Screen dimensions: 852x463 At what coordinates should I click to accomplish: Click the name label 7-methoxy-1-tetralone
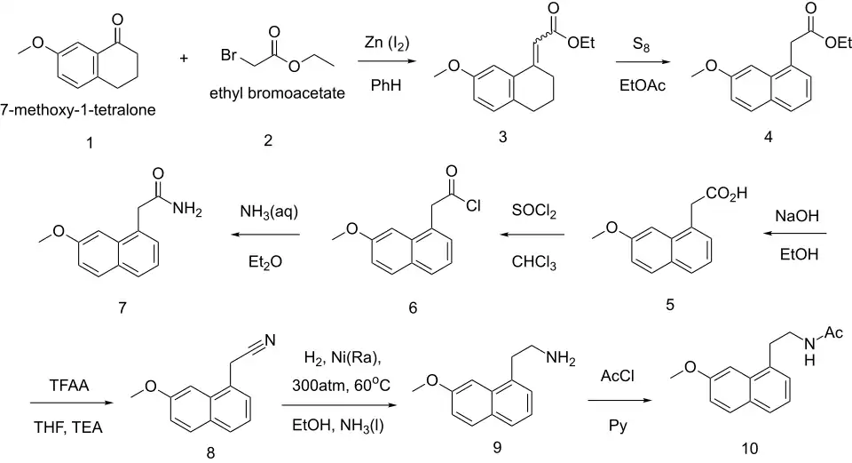pos(78,110)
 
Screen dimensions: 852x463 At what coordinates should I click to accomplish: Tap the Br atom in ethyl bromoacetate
pos(228,55)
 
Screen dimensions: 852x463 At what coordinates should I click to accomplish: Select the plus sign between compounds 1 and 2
pos(184,58)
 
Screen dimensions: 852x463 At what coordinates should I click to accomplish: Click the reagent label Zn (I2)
pos(387,44)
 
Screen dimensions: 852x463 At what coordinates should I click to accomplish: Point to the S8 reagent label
pos(641,44)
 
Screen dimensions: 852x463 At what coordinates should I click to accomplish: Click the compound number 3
pos(502,137)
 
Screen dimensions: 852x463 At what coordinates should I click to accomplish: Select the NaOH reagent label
pos(797,216)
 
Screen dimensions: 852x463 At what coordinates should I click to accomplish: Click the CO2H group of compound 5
pos(727,194)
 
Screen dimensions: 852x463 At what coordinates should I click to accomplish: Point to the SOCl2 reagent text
pos(534,212)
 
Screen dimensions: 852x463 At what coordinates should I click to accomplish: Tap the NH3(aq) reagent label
pos(269,212)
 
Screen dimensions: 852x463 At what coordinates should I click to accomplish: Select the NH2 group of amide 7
pos(187,210)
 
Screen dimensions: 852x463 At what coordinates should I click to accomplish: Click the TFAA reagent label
pos(69,386)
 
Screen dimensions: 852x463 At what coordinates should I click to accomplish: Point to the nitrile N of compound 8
pos(270,340)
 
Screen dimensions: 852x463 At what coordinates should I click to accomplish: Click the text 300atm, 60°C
pos(341,385)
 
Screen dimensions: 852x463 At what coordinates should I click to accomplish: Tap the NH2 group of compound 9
pos(560,358)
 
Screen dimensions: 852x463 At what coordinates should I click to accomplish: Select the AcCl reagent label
pos(618,376)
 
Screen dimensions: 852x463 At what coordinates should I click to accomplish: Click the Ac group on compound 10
pos(833,332)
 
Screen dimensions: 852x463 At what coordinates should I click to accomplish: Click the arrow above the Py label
pos(619,401)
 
